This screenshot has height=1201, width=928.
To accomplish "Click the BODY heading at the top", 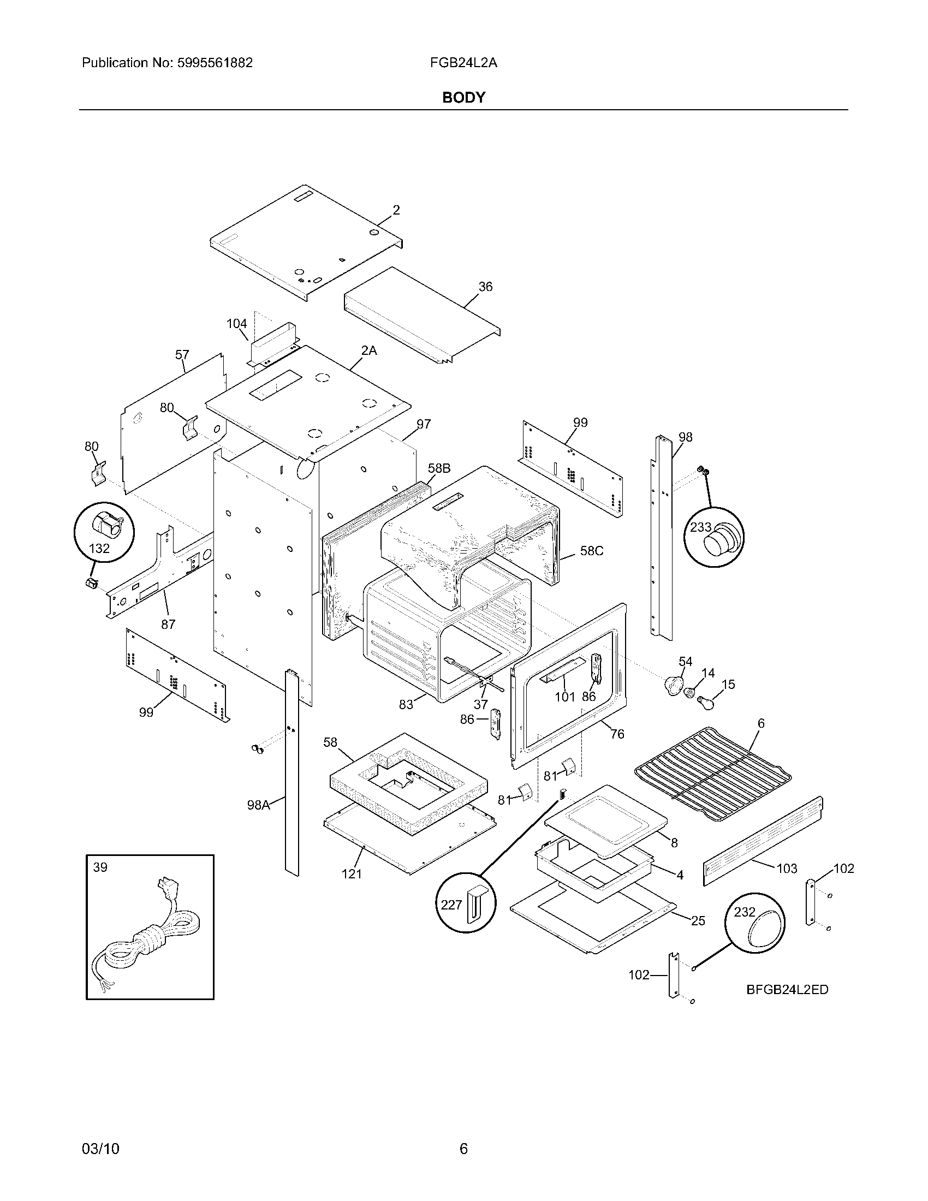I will point(463,97).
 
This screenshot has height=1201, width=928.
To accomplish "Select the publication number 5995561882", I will point(215,63).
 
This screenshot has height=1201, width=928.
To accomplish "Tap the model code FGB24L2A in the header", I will point(463,63).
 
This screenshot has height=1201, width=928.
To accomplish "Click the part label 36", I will point(485,287).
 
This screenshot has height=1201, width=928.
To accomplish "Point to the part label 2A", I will point(369,350).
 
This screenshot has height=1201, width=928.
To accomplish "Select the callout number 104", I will point(237,324).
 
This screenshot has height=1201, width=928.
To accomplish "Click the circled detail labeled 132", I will point(104,532).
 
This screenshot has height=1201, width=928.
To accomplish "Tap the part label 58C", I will point(592,551).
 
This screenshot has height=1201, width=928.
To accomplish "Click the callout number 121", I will point(352,874).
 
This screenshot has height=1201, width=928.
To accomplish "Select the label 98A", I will point(258,805).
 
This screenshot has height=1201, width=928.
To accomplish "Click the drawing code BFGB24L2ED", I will point(787,989).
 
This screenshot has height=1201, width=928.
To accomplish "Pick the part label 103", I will point(787,869).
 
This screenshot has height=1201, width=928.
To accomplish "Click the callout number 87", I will point(168,624).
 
